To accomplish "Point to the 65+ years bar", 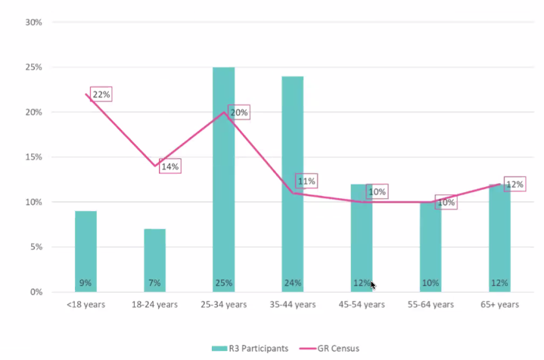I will [x=499, y=234].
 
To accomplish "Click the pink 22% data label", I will [x=101, y=95].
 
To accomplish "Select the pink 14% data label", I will [x=170, y=166].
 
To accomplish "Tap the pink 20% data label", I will [x=239, y=113].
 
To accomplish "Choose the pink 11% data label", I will [x=306, y=182].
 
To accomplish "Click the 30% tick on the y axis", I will [x=33, y=22].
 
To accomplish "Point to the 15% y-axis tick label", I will [x=33, y=157].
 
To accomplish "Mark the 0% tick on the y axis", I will [x=36, y=292].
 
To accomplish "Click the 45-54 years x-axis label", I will [x=362, y=305].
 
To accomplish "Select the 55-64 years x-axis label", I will [x=431, y=305].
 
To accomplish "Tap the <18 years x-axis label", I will [x=85, y=305].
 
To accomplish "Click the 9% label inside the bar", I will [x=85, y=284].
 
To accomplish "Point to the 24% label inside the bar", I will [x=293, y=284].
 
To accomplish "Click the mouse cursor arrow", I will [x=373, y=285].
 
